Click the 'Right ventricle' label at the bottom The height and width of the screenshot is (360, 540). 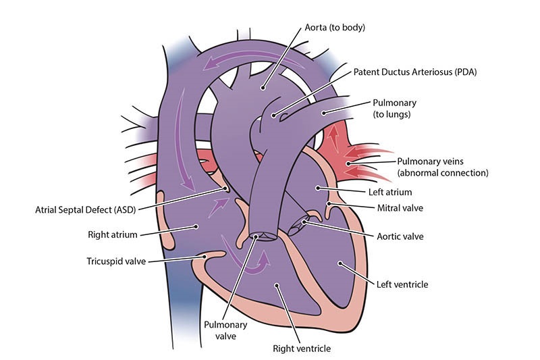[301, 349]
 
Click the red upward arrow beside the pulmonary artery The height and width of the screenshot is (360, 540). [332, 138]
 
